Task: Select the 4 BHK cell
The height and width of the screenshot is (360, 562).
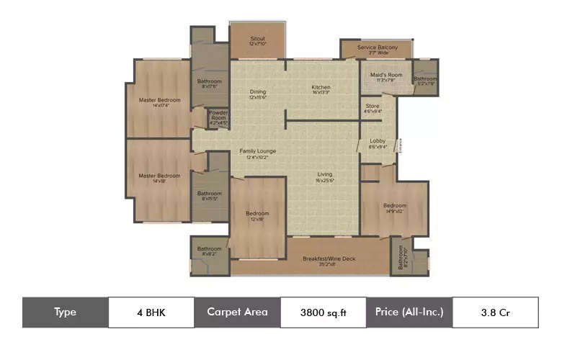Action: (151, 312)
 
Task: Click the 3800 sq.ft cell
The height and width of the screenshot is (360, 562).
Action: (323, 312)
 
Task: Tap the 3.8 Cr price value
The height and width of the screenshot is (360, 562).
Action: (495, 312)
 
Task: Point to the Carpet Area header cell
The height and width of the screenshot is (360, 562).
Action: (237, 312)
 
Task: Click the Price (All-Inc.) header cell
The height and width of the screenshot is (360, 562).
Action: (409, 312)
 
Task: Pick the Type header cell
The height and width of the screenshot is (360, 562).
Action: (65, 312)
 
